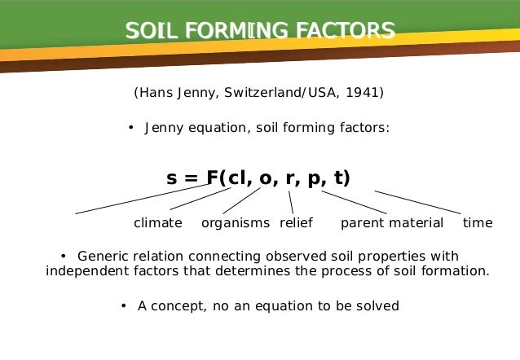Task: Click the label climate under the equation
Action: [157, 223]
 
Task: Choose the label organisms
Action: [235, 223]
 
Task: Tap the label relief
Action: [297, 223]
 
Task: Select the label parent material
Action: [392, 223]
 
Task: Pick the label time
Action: [478, 223]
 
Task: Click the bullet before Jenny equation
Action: [130, 128]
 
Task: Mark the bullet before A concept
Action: [122, 306]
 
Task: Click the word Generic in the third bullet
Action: [104, 256]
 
